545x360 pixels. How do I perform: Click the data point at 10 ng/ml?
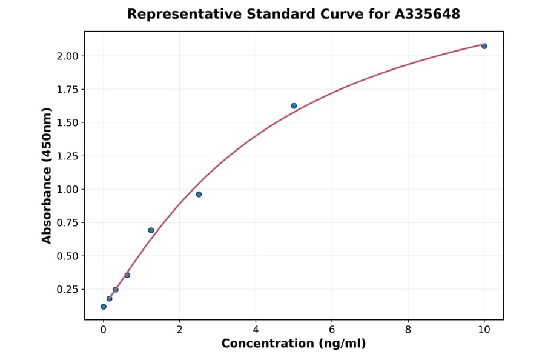tap(484, 46)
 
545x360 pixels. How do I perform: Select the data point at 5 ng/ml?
tap(294, 106)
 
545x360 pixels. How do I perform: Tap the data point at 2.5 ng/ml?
tap(199, 195)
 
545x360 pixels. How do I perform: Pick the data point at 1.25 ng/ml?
tap(151, 230)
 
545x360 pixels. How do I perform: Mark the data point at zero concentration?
tap(104, 307)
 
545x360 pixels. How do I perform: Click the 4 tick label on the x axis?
tap(256, 330)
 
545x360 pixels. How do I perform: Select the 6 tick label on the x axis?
tap(332, 330)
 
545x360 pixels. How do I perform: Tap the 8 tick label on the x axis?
tap(408, 330)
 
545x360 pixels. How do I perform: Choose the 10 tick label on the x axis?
tap(484, 330)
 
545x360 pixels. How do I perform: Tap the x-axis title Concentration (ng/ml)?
tap(294, 344)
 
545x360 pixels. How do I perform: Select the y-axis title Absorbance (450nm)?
tap(47, 175)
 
